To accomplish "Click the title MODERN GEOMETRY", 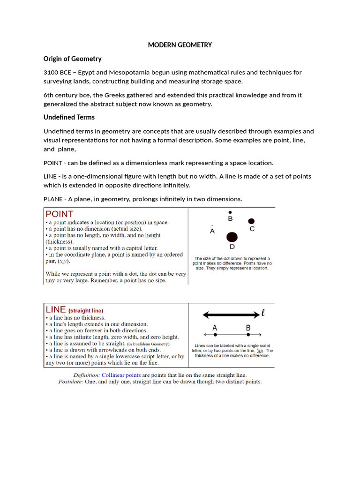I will [180, 45].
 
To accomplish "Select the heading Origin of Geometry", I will [72, 59].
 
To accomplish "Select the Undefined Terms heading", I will [69, 117].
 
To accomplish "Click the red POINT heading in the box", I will [60, 214].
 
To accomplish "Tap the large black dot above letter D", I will [232, 237].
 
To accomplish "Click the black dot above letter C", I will [251, 221].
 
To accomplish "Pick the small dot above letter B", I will [230, 212].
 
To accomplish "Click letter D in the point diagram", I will [232, 247].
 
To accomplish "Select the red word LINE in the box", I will [56, 309].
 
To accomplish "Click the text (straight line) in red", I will [86, 310].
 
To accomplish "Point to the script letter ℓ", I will [263, 313].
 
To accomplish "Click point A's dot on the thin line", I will [215, 335].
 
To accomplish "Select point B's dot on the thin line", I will [248, 335].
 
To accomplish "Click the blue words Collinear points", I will [121, 375].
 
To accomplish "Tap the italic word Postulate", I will [70, 382].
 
